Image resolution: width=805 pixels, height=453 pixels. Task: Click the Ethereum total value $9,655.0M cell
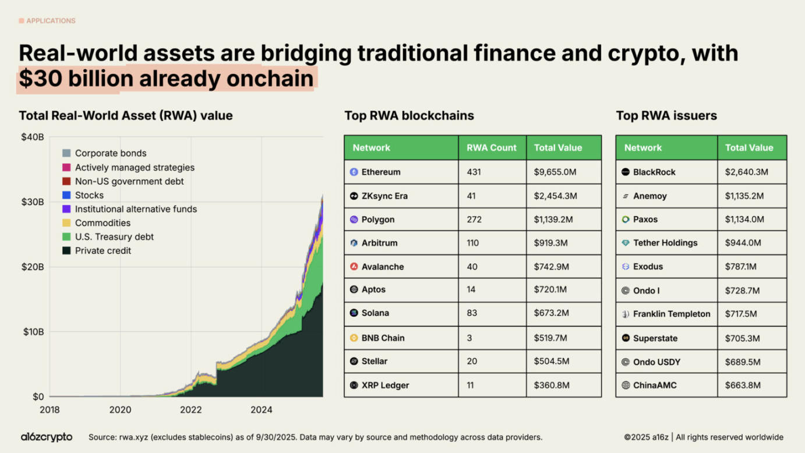[x=555, y=172]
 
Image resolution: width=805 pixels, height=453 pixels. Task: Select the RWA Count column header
[x=491, y=148]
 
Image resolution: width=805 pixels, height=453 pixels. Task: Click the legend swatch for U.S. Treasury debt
[x=66, y=237]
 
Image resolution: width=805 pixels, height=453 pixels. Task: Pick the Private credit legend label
[x=103, y=251]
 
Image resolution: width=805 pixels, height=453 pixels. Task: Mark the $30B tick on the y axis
[x=33, y=202]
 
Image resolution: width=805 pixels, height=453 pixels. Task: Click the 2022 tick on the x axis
[x=190, y=410]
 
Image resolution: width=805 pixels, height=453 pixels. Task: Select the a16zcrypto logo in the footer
[x=47, y=437]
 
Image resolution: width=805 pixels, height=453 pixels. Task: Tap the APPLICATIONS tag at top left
[x=50, y=21]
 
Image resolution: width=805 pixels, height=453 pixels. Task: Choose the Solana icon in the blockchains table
[x=354, y=313]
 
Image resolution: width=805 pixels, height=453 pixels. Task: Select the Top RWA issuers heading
[x=666, y=116]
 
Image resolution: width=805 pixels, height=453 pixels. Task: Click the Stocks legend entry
[x=89, y=195]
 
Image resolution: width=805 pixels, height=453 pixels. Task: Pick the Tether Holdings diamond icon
[x=626, y=243]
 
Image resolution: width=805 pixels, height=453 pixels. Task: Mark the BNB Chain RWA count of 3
[x=469, y=338]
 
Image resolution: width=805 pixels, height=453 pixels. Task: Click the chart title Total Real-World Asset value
[x=125, y=116]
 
